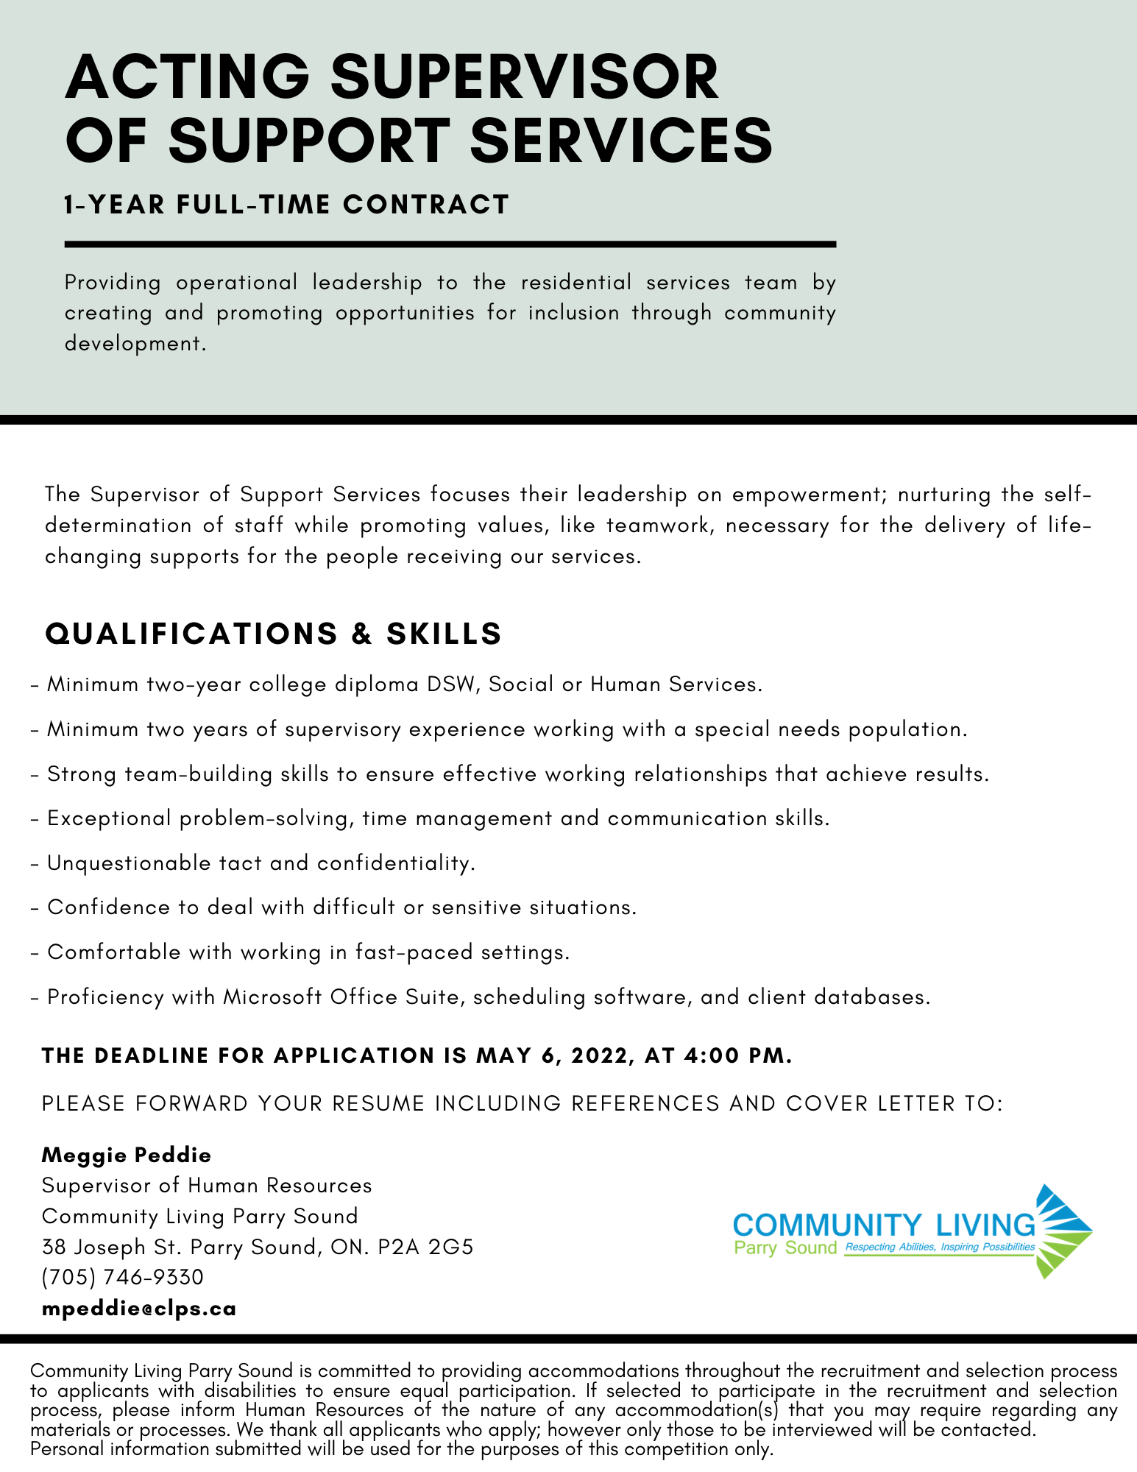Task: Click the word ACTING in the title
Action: (187, 77)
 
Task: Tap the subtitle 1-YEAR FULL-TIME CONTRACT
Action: (286, 205)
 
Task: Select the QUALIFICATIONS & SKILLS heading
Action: (273, 634)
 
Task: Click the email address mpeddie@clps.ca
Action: (139, 1309)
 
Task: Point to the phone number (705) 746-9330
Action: (122, 1277)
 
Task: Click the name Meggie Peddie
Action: (127, 1155)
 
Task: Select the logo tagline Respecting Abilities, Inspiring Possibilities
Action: (940, 1247)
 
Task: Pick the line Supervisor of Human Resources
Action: (207, 1186)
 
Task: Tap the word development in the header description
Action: (132, 343)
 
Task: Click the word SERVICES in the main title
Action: (621, 140)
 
